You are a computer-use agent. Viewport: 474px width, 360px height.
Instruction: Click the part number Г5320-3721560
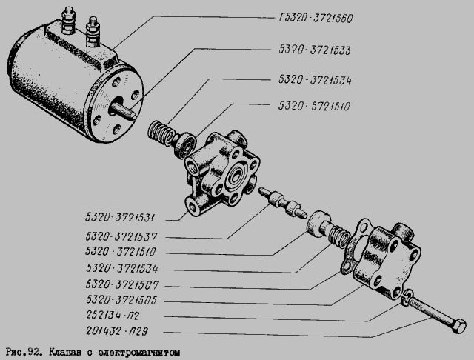[316, 19]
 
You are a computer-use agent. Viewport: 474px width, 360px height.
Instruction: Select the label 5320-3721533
[314, 50]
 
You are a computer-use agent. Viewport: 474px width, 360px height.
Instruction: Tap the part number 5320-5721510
[314, 106]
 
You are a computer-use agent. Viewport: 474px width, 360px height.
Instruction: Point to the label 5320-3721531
[120, 218]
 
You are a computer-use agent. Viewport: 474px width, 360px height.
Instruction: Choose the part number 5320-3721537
[121, 236]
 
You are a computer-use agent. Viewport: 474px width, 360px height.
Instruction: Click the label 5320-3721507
[122, 284]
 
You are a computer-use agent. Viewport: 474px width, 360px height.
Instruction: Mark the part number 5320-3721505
[121, 299]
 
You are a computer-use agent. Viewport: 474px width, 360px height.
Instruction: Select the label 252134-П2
[113, 316]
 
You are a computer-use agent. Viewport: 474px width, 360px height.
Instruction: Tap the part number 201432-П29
[117, 331]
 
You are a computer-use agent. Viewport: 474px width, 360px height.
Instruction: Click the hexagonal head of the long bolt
[458, 326]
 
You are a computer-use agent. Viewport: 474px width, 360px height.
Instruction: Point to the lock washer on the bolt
[407, 297]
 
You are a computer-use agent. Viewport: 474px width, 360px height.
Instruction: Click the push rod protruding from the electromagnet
[124, 110]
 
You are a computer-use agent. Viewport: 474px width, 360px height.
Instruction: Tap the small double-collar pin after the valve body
[282, 204]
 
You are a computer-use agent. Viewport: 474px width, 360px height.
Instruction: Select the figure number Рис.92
[23, 353]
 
